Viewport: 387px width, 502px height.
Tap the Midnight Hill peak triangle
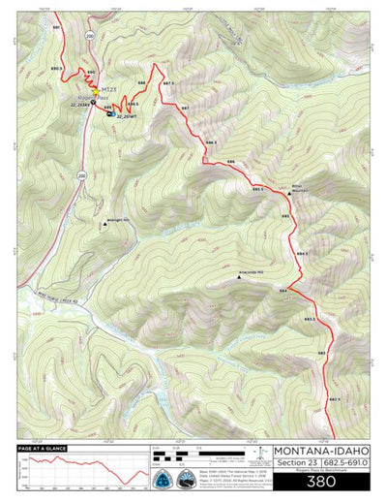pyautogui.click(x=104, y=230)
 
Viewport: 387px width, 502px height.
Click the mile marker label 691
pyautogui.click(x=56, y=28)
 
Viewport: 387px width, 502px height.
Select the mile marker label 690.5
pyautogui.click(x=56, y=68)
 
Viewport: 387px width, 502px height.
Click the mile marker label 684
pyautogui.click(x=283, y=290)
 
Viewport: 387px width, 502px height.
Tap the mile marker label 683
pyautogui.click(x=321, y=354)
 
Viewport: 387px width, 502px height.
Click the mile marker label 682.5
pyautogui.click(x=332, y=399)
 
